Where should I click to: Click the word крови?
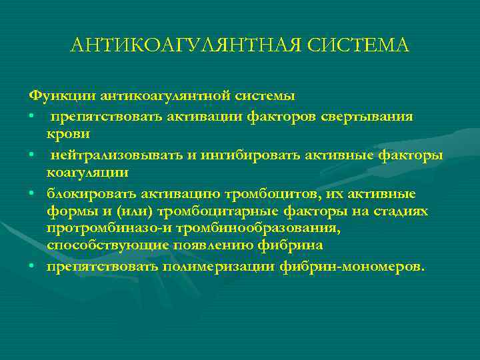point(68,134)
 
